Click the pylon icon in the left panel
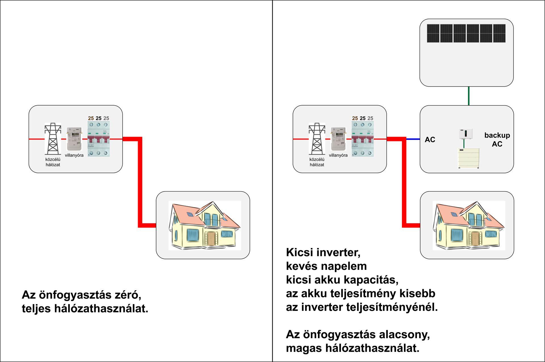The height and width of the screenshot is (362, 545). [53, 139]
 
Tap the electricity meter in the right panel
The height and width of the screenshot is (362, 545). [338, 139]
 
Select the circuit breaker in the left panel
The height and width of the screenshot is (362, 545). [98, 139]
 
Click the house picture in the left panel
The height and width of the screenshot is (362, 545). [205, 225]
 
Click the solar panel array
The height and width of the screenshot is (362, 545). [466, 33]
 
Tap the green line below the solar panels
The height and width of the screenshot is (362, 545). [469, 96]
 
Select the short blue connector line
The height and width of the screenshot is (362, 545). [413, 139]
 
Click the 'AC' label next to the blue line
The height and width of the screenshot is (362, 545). [430, 140]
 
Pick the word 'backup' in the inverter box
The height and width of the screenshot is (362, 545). [497, 135]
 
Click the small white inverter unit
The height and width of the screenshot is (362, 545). [466, 134]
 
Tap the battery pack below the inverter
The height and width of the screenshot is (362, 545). [468, 158]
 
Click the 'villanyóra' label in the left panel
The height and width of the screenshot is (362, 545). [74, 155]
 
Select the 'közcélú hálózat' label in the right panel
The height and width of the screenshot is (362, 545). [317, 162]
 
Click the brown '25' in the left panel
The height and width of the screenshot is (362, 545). [91, 118]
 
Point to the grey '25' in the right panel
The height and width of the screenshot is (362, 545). [370, 118]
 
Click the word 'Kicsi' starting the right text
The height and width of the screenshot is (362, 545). [299, 252]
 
